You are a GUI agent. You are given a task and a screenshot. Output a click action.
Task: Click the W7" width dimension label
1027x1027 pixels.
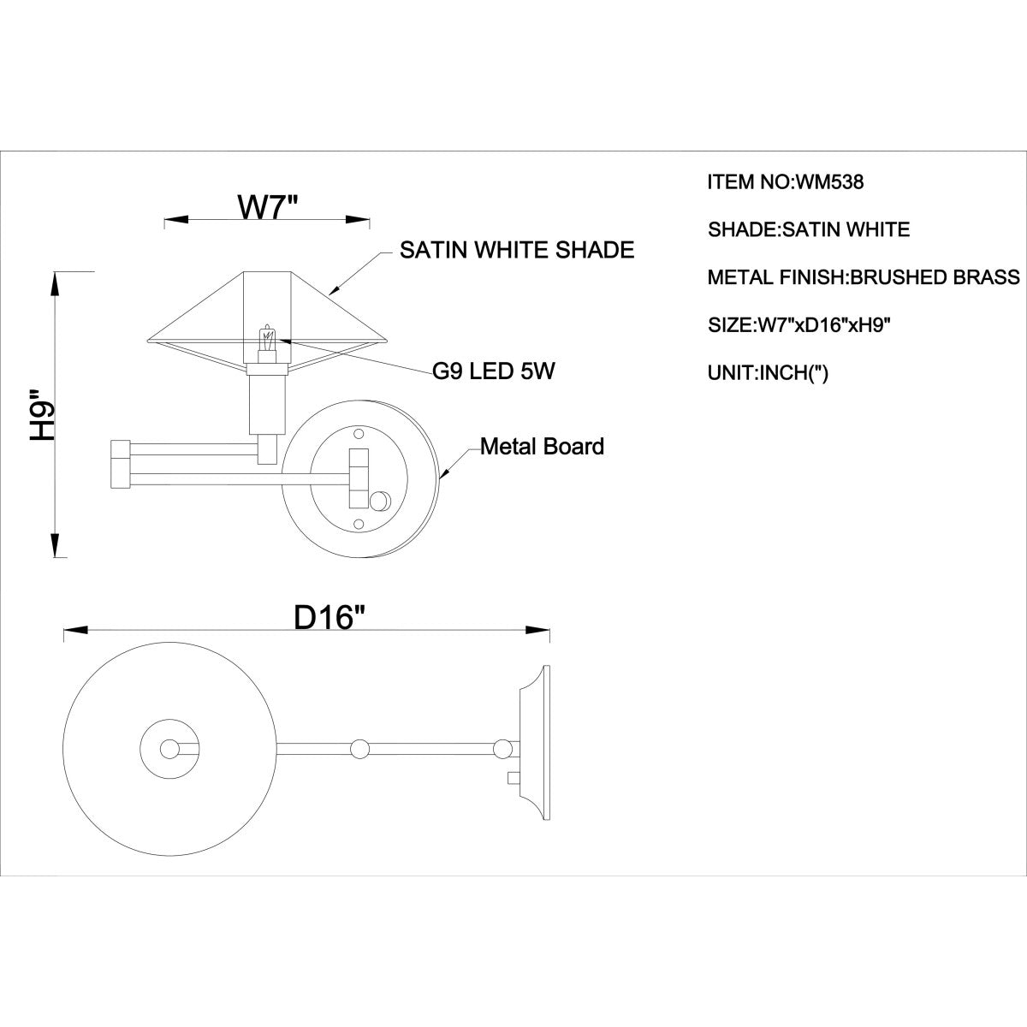pyautogui.click(x=268, y=207)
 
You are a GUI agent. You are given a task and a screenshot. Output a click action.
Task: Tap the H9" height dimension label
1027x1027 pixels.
pyautogui.click(x=43, y=414)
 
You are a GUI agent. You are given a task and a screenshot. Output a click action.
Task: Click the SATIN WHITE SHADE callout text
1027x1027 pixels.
pyautogui.click(x=517, y=250)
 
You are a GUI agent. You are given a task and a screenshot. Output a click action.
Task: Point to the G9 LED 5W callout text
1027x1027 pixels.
pyautogui.click(x=494, y=371)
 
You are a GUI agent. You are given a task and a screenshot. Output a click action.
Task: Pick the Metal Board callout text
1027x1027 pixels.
pyautogui.click(x=542, y=447)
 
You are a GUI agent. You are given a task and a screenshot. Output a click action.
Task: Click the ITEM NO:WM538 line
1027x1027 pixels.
pyautogui.click(x=786, y=182)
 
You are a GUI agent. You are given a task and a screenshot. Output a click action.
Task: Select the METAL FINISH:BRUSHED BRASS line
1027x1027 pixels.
pyautogui.click(x=864, y=277)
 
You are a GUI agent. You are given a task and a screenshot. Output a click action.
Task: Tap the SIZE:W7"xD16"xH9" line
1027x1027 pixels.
pyautogui.click(x=799, y=324)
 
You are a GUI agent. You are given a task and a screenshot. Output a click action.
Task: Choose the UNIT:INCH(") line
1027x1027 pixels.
pyautogui.click(x=768, y=372)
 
